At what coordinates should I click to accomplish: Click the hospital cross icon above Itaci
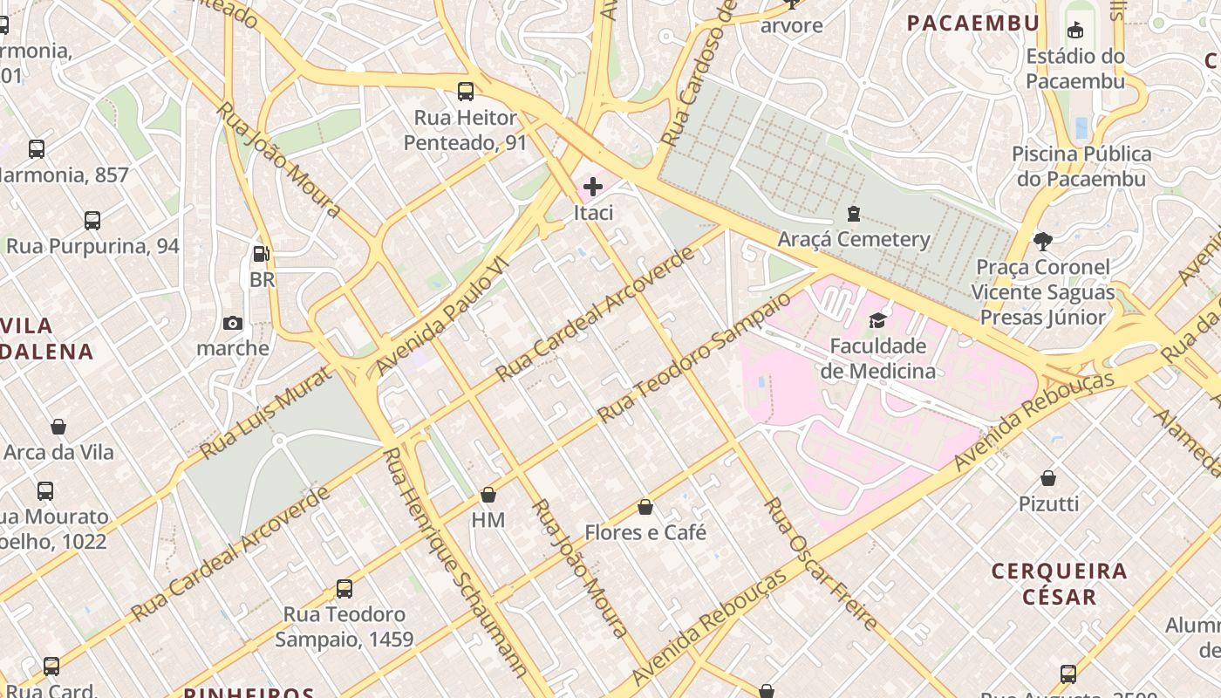coord(593,186)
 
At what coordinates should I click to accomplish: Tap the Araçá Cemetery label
coord(853,239)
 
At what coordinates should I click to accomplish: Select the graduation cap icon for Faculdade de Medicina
coord(877,320)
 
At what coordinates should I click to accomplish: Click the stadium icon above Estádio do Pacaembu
coord(1075,31)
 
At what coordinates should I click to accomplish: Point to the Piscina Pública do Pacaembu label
coord(1081,166)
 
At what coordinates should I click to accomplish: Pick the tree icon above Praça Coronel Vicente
coord(1042,241)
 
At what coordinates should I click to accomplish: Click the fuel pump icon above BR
coord(261,254)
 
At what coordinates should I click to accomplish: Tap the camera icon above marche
coord(232,323)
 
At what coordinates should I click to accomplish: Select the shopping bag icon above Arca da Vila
coord(58,427)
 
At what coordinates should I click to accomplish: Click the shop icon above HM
coord(488,495)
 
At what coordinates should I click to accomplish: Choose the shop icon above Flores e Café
coord(645,507)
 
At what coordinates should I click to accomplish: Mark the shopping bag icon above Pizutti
coord(1048,478)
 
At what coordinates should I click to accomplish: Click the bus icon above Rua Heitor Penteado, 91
coord(466,91)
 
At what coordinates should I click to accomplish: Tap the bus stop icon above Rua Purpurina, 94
coord(92,221)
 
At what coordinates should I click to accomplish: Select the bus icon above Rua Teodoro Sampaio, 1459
coord(344,589)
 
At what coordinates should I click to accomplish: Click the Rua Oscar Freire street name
coord(820,564)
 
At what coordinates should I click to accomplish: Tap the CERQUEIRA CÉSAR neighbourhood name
coord(1059,584)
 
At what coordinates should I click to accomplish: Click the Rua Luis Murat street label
coord(265,414)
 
